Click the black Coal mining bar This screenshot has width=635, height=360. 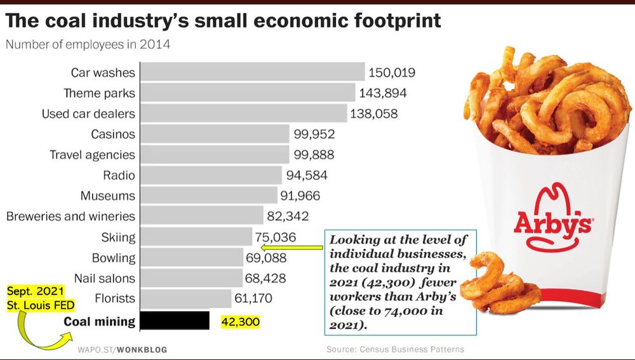175,321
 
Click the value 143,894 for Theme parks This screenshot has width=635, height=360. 383,93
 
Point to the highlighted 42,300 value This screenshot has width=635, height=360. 241,322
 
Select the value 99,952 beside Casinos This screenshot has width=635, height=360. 314,134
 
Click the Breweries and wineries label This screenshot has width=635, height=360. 71,217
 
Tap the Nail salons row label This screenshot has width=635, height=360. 105,278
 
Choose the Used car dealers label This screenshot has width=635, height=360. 88,114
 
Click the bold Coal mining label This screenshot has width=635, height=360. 100,321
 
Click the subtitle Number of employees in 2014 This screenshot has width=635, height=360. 88,45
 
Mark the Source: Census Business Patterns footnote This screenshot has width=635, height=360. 395,349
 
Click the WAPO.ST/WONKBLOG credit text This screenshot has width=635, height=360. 123,349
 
